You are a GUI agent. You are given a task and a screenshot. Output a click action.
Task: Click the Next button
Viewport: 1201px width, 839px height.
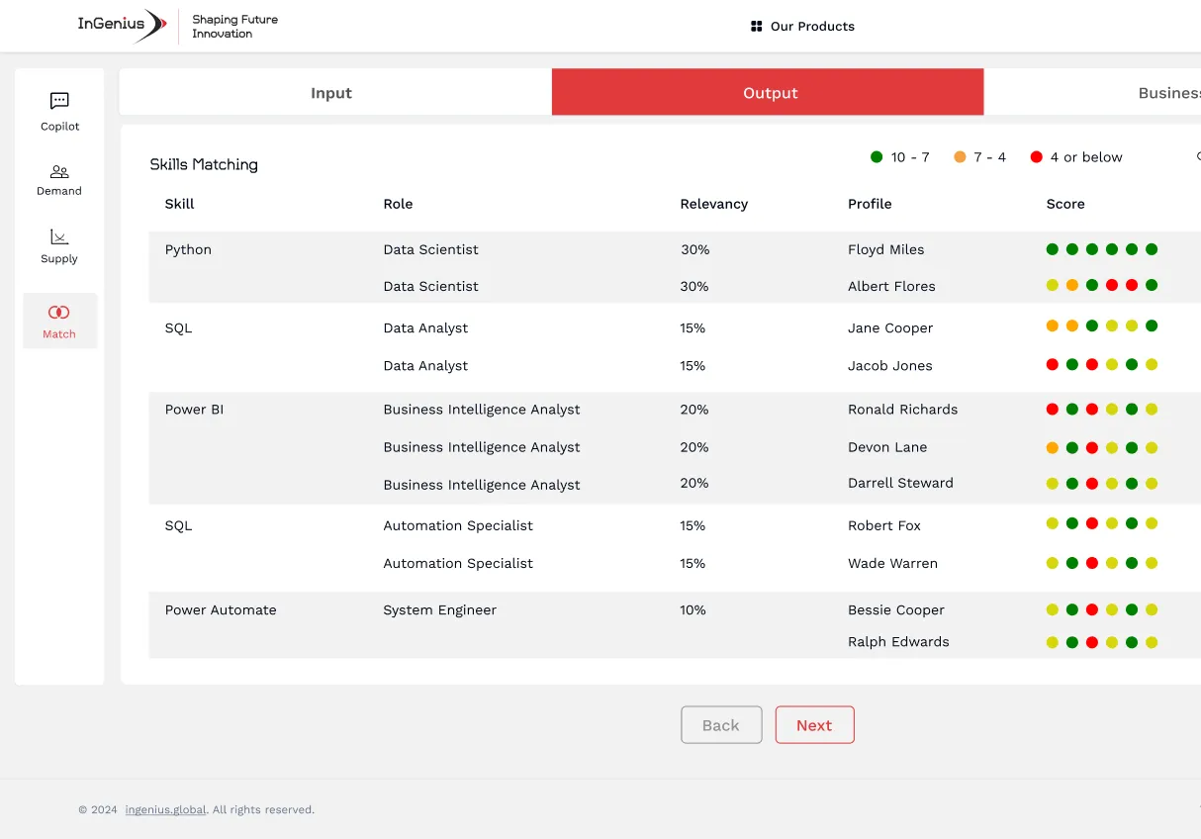[x=814, y=725]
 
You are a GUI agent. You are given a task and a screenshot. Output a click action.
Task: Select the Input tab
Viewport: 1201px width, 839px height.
[x=331, y=93]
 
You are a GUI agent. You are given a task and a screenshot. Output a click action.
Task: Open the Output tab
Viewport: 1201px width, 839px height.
[x=769, y=93]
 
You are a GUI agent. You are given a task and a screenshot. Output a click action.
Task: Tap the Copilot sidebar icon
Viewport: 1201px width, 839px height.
[x=59, y=101]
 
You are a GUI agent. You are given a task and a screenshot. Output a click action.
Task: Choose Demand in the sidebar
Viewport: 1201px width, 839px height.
[x=59, y=172]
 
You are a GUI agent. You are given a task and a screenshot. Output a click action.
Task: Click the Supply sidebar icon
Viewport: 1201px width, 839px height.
[x=59, y=237]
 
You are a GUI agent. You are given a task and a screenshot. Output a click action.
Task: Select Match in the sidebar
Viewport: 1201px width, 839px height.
[x=59, y=313]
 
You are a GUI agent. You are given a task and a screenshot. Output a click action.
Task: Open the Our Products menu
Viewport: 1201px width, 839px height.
[x=802, y=27]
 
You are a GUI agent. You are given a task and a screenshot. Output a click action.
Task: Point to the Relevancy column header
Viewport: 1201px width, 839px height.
[x=713, y=204]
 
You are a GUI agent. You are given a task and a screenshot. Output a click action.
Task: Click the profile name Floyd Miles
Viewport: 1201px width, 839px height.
[x=885, y=249]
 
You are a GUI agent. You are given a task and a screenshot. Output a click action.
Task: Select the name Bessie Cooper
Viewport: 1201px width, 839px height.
[x=895, y=609]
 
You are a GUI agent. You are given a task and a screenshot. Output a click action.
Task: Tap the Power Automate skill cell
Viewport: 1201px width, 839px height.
[x=221, y=609]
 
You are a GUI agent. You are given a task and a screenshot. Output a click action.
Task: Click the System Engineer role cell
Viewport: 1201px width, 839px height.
[x=439, y=609]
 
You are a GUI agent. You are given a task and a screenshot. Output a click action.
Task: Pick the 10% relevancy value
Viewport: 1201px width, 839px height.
[x=693, y=609]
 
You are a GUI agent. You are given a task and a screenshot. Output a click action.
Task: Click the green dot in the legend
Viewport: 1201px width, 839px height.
[x=877, y=157]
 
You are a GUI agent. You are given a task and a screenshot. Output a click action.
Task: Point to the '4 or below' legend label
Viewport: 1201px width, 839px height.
[x=1085, y=157]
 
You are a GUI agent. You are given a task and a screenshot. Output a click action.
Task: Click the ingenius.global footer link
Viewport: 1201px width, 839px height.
[x=165, y=809]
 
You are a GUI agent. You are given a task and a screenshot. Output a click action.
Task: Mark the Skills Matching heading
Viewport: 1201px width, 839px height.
[x=204, y=164]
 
